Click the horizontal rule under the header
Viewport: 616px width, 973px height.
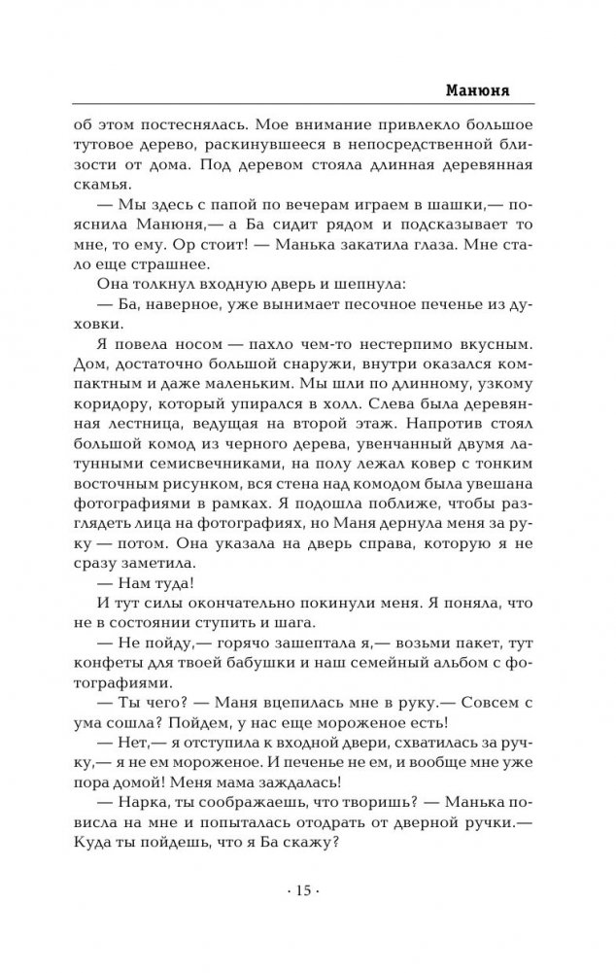tap(308, 104)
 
